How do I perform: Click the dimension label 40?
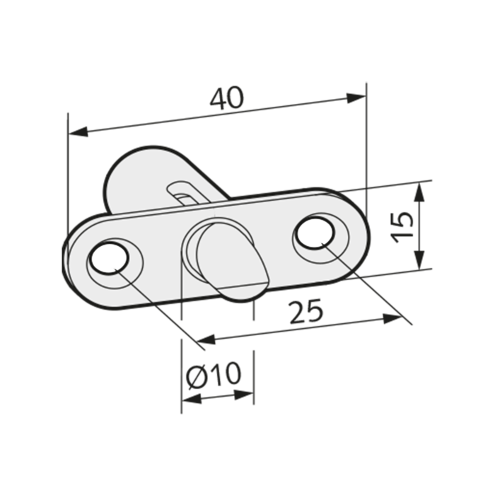pos(227,98)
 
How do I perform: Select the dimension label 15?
pos(402,228)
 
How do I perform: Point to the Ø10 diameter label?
pos(214,374)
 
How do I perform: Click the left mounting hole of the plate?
pos(109,258)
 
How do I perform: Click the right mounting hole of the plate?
pos(315,232)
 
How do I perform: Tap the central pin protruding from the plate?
pos(232,262)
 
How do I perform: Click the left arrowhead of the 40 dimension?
pos(78,131)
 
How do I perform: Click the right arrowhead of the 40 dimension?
pos(356,98)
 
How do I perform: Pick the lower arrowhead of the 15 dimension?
pos(419,260)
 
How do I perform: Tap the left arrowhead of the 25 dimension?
pos(206,339)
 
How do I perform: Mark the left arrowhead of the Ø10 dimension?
pos(192,399)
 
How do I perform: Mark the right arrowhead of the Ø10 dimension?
pos(244,395)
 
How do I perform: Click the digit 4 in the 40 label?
pos(219,99)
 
